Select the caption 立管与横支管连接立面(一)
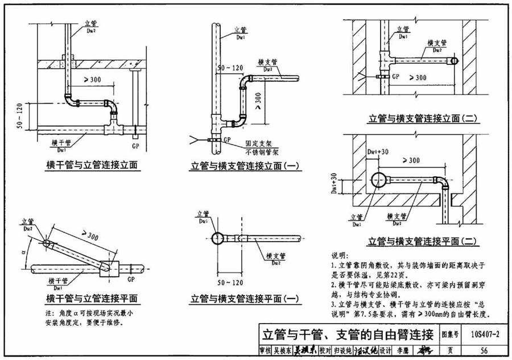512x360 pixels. [245, 166]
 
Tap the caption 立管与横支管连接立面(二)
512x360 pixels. [423, 119]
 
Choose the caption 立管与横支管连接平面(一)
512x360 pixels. [245, 298]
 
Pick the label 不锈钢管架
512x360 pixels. [259, 153]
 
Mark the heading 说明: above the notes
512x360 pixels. [341, 255]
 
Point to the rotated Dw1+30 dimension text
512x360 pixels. [335, 185]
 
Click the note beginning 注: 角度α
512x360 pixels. [85, 318]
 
